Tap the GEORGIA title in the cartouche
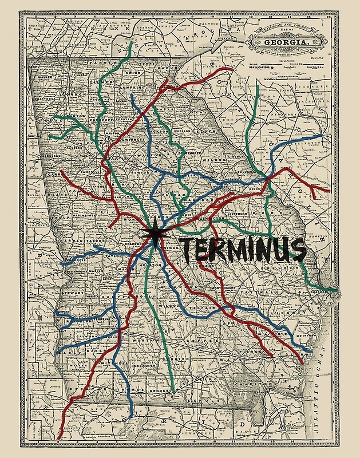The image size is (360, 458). (284, 42)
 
